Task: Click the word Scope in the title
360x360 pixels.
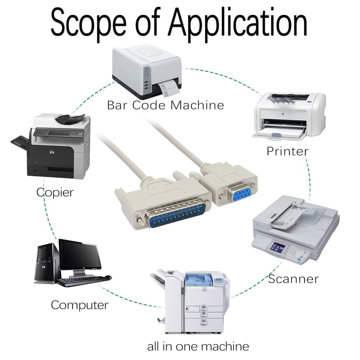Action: point(89,23)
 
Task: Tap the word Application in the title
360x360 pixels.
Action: point(238,23)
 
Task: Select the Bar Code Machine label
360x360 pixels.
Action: point(166,105)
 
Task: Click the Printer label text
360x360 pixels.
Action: point(288,151)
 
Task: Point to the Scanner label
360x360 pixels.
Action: point(293,279)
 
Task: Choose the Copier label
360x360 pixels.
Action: point(55,193)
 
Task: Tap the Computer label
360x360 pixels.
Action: point(80,306)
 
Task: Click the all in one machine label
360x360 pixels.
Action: point(198,346)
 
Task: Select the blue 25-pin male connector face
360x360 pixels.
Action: point(177,216)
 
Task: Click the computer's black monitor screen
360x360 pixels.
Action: point(80,255)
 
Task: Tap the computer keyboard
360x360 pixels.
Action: point(84,280)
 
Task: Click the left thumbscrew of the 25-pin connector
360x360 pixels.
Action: point(139,221)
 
